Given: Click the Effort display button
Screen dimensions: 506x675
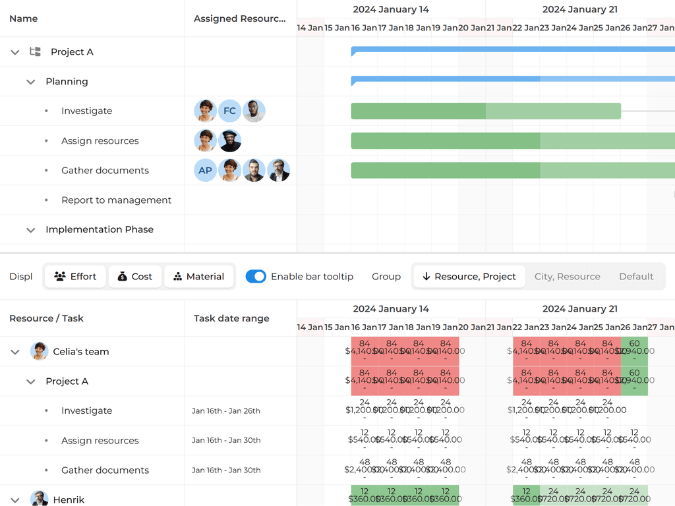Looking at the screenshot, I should click(75, 277).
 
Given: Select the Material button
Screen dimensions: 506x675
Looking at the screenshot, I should click(198, 277).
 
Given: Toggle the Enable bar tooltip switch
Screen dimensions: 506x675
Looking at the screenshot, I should click(256, 277).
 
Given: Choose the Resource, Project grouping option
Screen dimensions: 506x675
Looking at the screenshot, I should click(469, 277).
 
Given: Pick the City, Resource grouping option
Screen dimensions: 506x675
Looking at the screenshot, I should click(567, 277).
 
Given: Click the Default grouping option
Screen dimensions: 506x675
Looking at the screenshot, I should click(636, 277).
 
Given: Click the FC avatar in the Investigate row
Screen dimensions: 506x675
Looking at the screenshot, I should click(229, 111).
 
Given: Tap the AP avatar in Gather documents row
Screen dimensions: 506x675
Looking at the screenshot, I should click(205, 170).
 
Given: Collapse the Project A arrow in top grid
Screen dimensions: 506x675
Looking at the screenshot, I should click(15, 52).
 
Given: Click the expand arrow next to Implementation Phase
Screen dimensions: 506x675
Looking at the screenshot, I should click(30, 230).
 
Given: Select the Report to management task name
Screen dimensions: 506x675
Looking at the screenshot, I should click(116, 200).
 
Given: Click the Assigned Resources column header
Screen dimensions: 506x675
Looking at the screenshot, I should click(240, 18).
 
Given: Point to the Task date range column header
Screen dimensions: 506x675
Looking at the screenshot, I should click(231, 318).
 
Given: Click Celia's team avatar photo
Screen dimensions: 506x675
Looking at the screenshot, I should click(40, 351).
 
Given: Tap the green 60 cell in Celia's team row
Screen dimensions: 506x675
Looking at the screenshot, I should click(634, 351).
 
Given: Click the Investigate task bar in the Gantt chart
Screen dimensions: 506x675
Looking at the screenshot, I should click(485, 111).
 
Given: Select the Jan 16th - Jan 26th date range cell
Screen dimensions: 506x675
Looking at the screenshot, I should click(226, 411).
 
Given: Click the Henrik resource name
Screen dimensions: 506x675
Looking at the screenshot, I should click(69, 500).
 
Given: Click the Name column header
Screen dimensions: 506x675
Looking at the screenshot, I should click(24, 18).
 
